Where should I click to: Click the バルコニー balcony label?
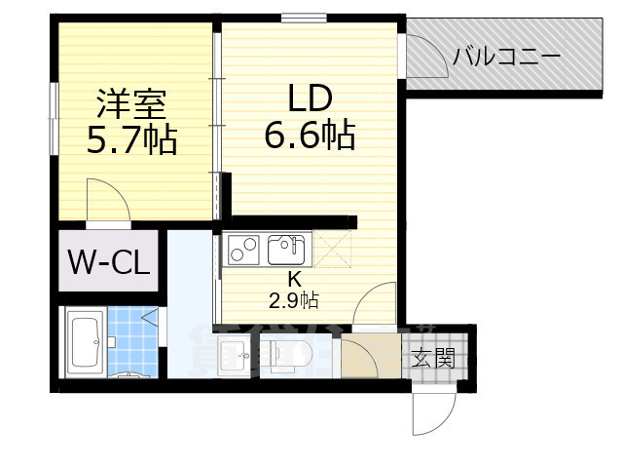tap(506, 57)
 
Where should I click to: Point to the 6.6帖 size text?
tap(310, 136)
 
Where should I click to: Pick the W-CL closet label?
tap(107, 261)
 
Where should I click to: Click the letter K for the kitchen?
tap(294, 281)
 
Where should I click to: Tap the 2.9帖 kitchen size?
tap(294, 300)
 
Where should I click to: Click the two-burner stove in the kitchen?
tap(239, 251)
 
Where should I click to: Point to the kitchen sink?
tap(285, 250)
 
